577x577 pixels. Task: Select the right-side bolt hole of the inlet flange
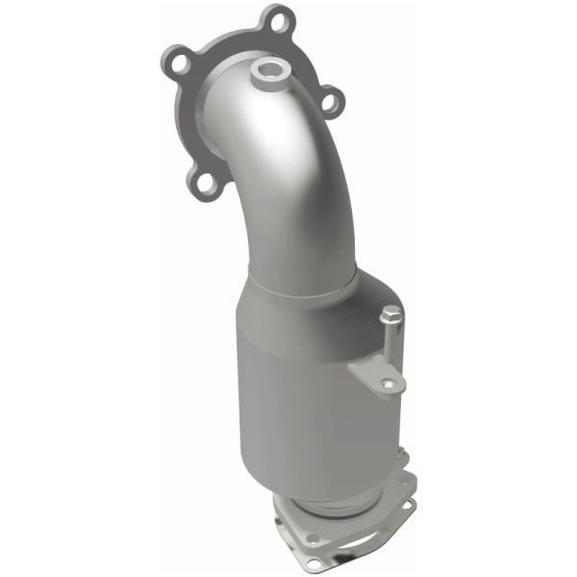[326, 98]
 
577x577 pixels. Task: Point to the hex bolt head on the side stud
[390, 314]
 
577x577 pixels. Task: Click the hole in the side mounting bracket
[388, 384]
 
